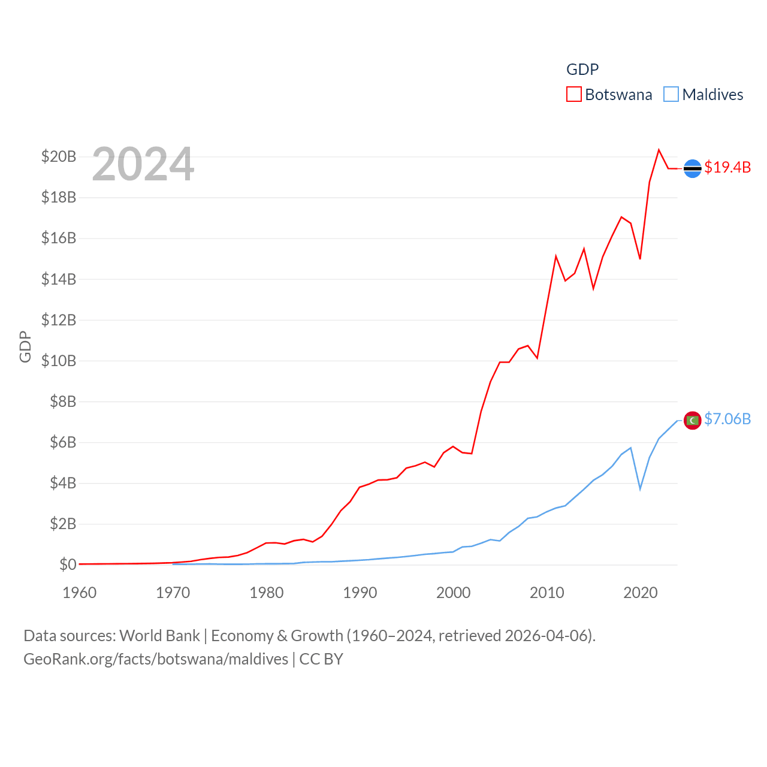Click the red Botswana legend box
click(x=573, y=95)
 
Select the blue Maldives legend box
click(x=671, y=95)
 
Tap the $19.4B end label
click(x=727, y=167)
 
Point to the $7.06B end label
click(x=727, y=419)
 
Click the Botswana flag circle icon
click(x=693, y=169)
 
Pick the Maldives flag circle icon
click(x=693, y=421)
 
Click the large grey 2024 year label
click(x=143, y=164)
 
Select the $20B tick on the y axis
click(x=59, y=157)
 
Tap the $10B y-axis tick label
click(x=59, y=361)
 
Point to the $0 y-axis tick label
click(x=68, y=564)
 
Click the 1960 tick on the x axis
click(x=80, y=593)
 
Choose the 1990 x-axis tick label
click(x=360, y=593)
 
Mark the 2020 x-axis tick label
click(x=641, y=593)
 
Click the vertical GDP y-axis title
click(x=25, y=346)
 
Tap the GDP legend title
click(x=582, y=70)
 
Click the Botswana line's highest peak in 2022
click(x=659, y=150)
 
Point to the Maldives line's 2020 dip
click(x=640, y=489)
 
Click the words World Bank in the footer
click(x=159, y=635)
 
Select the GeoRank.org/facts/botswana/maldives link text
click(x=156, y=659)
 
